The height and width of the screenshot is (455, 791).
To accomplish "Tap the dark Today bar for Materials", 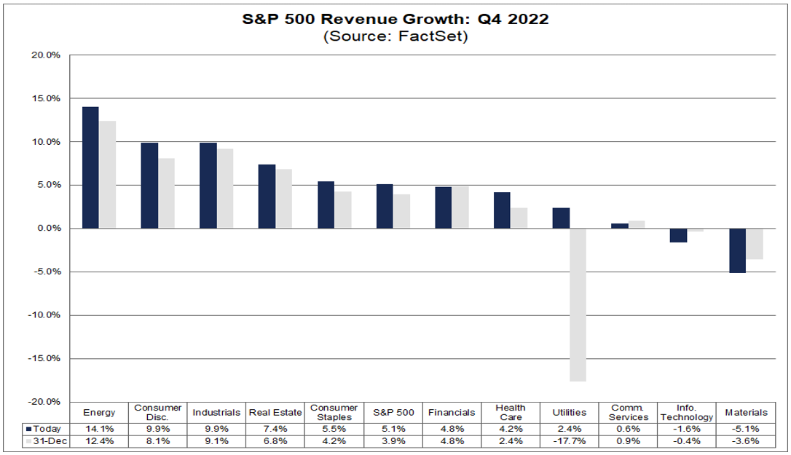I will tap(738, 250).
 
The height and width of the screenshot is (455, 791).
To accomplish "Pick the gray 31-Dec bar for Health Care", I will tap(519, 218).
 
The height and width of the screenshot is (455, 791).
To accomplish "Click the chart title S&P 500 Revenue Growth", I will tap(395, 20).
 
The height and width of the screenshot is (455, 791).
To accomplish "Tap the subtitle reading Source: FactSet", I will tap(395, 36).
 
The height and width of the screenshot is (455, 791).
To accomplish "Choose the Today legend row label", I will tap(45, 429).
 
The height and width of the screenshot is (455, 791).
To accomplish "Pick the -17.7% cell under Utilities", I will tap(570, 441).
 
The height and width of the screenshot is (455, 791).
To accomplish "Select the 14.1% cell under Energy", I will tap(99, 429).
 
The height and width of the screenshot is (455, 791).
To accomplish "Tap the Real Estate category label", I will tap(276, 413).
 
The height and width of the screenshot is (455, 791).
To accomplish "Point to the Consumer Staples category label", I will tap(334, 413).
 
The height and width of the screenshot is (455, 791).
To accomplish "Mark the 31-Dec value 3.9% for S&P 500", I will tap(393, 441).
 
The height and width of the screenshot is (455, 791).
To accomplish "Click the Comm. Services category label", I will tap(628, 413).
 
